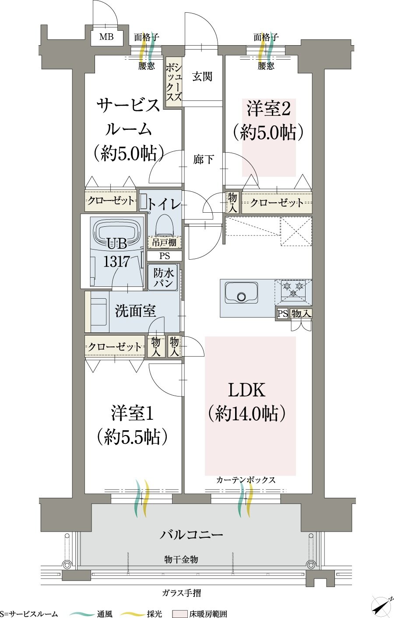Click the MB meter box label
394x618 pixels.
[x=106, y=37]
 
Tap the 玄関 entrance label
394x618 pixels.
[x=202, y=76]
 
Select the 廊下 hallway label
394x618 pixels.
[x=203, y=159]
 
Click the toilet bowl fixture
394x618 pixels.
[x=164, y=225]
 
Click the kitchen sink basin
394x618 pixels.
[x=242, y=293]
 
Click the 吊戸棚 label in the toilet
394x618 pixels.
[x=164, y=243]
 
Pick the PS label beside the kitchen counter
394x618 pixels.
[x=282, y=314]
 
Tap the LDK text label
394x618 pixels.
[x=246, y=390]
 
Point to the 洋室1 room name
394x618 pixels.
[x=132, y=413]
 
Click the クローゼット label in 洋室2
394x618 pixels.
[x=277, y=203]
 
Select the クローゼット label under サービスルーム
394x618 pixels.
[x=111, y=200]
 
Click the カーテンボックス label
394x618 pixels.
[x=246, y=480]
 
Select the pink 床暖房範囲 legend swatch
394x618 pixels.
[x=179, y=614]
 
